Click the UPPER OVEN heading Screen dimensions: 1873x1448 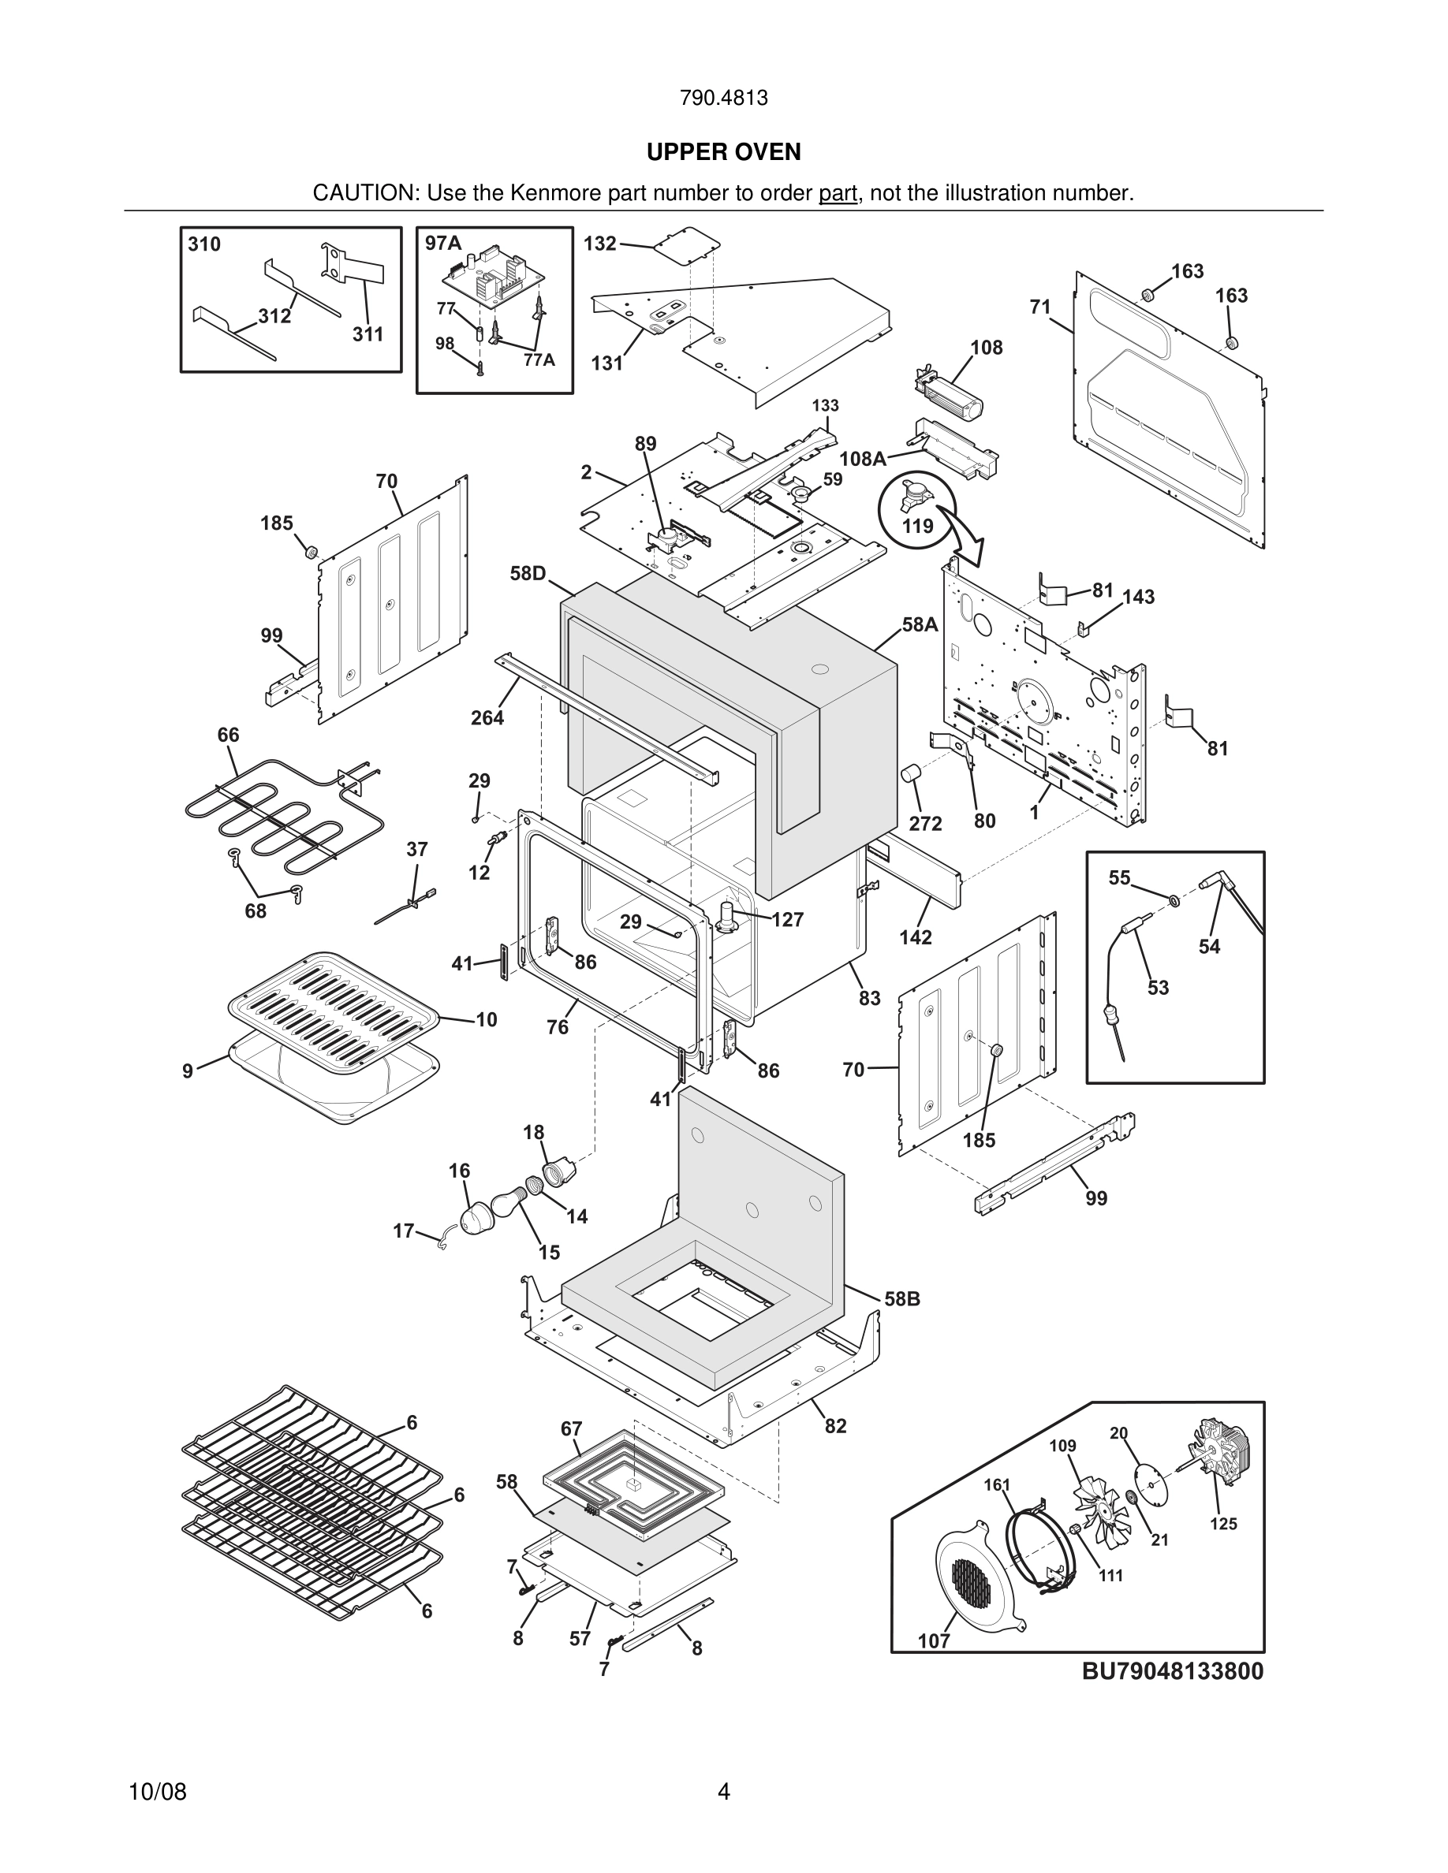click(x=723, y=152)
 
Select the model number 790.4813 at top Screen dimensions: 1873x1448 click(x=723, y=98)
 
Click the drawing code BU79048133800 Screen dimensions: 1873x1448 click(x=1172, y=1671)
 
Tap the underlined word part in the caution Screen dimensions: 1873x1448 click(x=838, y=194)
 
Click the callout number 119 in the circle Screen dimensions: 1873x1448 click(x=917, y=525)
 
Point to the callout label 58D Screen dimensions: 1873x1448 click(x=528, y=573)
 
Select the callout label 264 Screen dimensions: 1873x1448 click(x=487, y=718)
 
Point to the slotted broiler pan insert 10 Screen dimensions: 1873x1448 click(x=333, y=996)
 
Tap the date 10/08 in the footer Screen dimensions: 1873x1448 click(x=157, y=1792)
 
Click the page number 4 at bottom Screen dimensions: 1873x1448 click(x=723, y=1792)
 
